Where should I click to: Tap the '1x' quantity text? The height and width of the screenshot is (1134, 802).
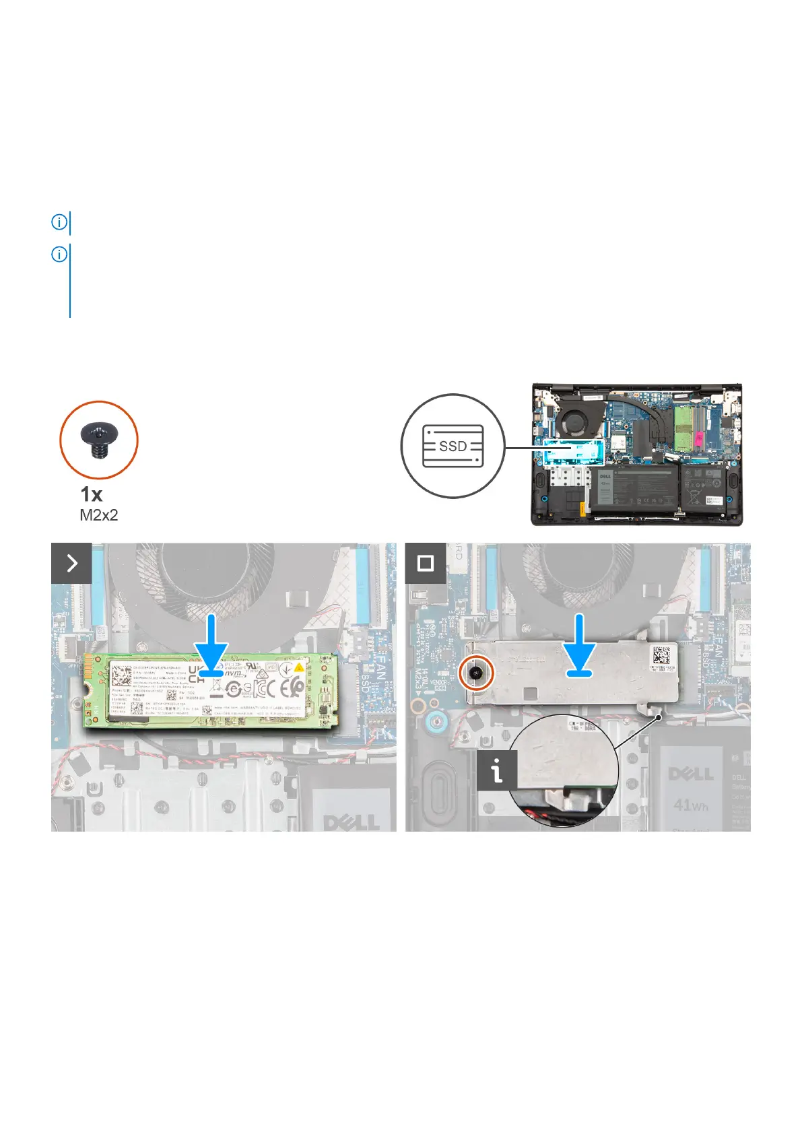[x=92, y=494]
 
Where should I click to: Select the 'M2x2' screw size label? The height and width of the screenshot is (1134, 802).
[x=99, y=515]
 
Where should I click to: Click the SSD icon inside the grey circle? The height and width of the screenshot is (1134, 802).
[x=453, y=446]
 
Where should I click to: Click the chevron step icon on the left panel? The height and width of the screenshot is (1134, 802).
[x=71, y=563]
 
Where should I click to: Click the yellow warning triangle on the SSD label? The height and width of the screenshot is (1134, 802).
[x=298, y=669]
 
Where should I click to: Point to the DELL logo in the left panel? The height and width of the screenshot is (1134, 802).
[x=351, y=822]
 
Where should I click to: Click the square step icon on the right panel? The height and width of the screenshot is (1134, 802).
[x=425, y=563]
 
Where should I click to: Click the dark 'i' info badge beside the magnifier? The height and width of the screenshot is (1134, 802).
[x=496, y=771]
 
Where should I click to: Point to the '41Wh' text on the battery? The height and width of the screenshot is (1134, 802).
[x=690, y=804]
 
